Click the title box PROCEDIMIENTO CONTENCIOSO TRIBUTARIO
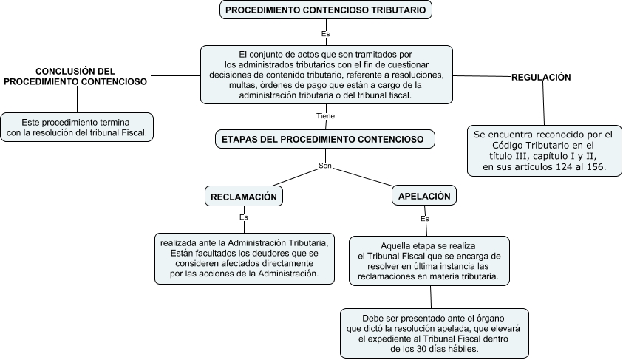[x=325, y=10]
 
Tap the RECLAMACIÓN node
[x=244, y=197]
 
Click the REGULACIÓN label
[x=542, y=77]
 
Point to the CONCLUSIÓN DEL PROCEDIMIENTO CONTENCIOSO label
[x=75, y=77]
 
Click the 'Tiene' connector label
[x=325, y=116]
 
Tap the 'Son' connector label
[x=324, y=165]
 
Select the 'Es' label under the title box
[x=325, y=34]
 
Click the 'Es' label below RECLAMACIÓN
[x=244, y=217]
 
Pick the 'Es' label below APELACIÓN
[x=424, y=219]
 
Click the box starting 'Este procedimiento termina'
[x=77, y=127]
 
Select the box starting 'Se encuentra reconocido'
[x=543, y=151]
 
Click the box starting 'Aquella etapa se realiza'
[x=429, y=261]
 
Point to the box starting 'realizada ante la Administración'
[x=244, y=258]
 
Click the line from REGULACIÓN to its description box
[x=544, y=103]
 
